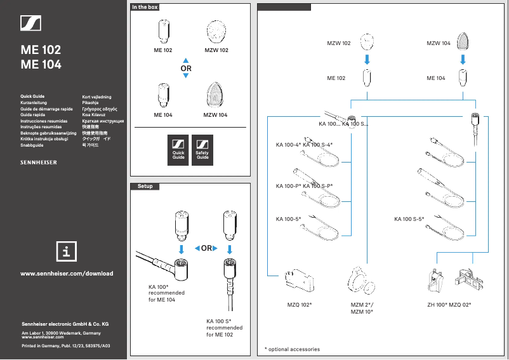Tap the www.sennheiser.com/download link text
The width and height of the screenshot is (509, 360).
pyautogui.click(x=67, y=274)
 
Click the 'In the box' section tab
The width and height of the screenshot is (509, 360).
pyautogui.click(x=144, y=7)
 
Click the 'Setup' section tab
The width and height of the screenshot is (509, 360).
pyautogui.click(x=145, y=186)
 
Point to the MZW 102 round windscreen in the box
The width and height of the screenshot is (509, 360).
pyautogui.click(x=216, y=31)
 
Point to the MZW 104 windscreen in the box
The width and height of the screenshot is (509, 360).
pyautogui.click(x=215, y=96)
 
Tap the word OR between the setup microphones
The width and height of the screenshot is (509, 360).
pyautogui.click(x=206, y=248)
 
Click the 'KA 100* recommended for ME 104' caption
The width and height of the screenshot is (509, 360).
pyautogui.click(x=166, y=293)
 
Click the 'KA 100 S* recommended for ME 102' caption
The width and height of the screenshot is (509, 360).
pyautogui.click(x=225, y=328)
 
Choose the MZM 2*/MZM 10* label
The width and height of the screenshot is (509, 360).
pyautogui.click(x=362, y=308)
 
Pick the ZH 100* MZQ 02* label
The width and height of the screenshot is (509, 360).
pyautogui.click(x=449, y=305)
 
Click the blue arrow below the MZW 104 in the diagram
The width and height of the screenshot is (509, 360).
pyautogui.click(x=463, y=60)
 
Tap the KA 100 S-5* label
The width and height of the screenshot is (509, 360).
pyautogui.click(x=409, y=219)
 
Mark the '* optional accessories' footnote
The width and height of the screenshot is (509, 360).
pyautogui.click(x=292, y=349)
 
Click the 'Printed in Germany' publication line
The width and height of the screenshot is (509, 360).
pyautogui.click(x=66, y=345)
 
